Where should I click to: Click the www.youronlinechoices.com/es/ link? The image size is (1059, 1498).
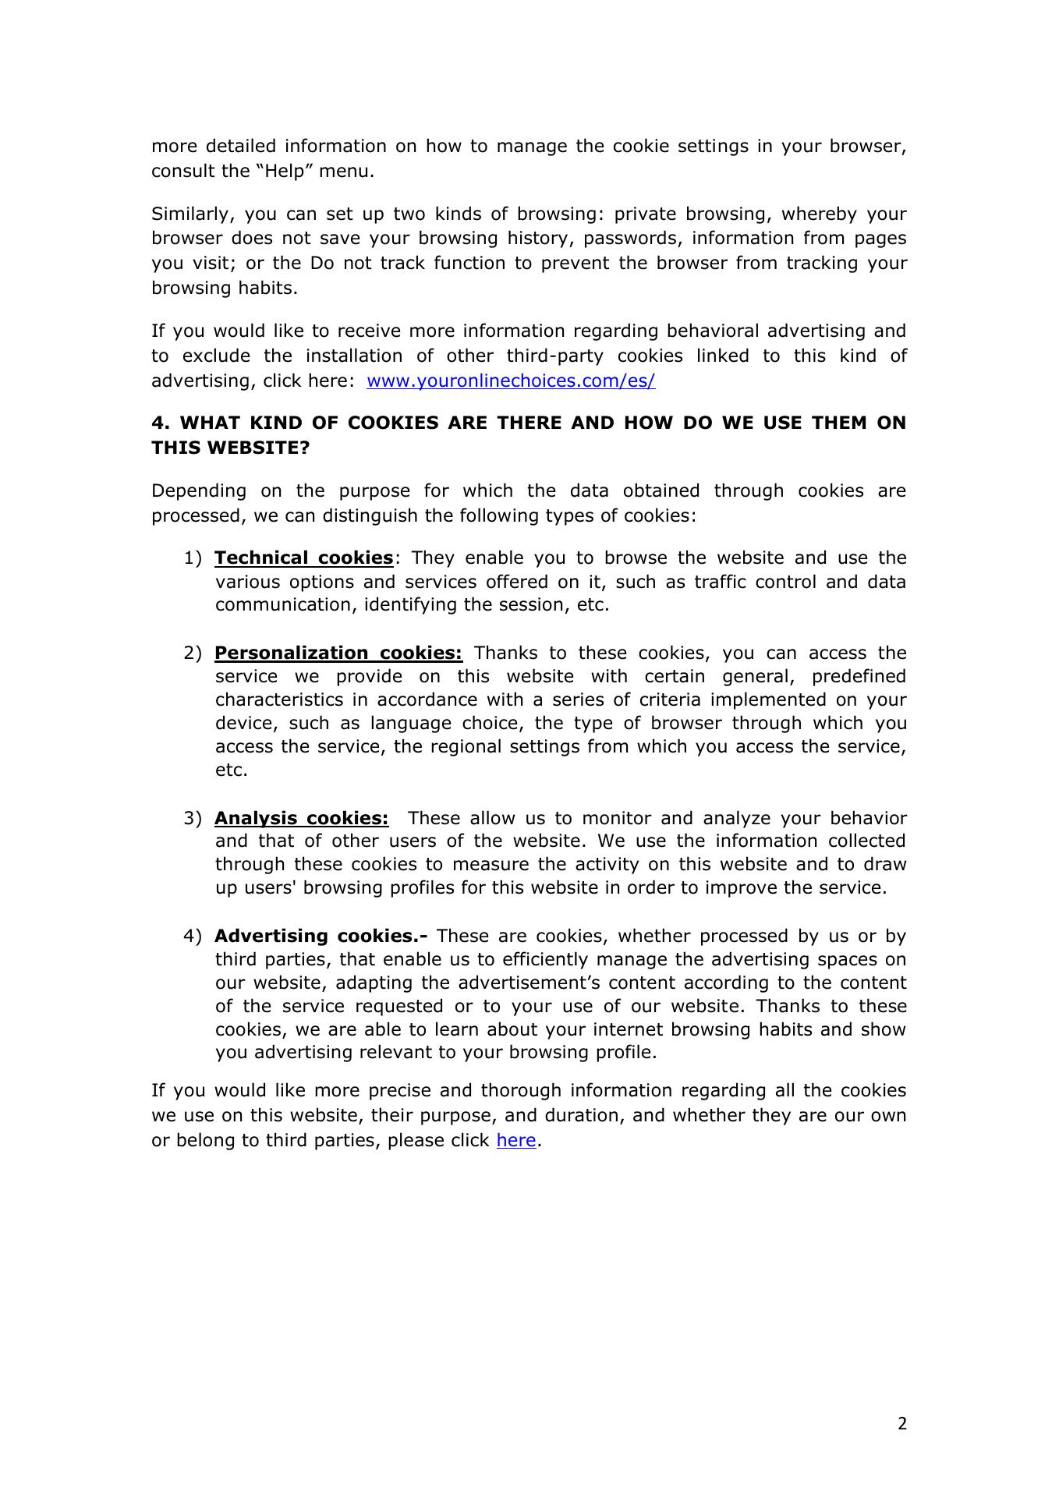tap(511, 381)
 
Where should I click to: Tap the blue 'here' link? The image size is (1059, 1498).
tap(515, 1140)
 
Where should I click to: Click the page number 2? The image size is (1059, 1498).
tap(902, 1424)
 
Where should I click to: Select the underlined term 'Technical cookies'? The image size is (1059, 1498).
tap(304, 558)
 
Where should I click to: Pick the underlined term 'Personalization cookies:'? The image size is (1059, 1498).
tap(338, 653)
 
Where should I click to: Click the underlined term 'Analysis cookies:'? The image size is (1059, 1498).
tap(301, 818)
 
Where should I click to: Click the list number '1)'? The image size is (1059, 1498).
tap(193, 558)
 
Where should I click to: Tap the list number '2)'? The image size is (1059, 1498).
tap(193, 653)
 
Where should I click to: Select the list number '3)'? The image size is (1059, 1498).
tap(193, 818)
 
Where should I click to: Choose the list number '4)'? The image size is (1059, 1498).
tap(193, 936)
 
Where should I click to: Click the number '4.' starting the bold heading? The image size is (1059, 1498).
tap(160, 423)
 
